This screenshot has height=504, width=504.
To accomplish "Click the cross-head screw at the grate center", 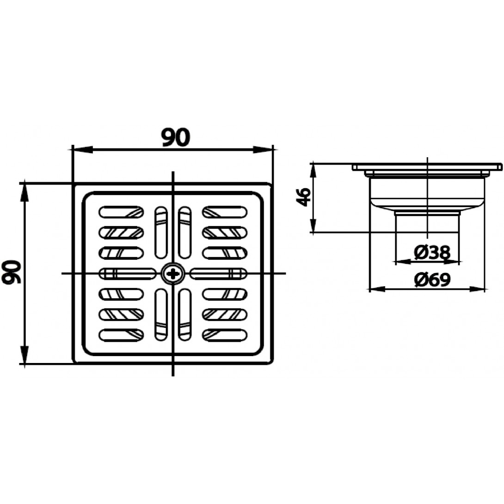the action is pyautogui.click(x=173, y=274).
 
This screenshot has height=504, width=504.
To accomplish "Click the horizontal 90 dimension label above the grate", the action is pyautogui.click(x=176, y=137).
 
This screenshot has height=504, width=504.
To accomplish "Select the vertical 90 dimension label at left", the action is pyautogui.click(x=12, y=271).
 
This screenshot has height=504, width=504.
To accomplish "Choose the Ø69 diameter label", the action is pyautogui.click(x=432, y=280).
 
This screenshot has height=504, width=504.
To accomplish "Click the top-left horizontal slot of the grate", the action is pyautogui.click(x=121, y=212).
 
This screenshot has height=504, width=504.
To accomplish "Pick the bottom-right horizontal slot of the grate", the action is pyautogui.click(x=225, y=335).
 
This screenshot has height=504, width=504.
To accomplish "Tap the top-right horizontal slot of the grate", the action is pyautogui.click(x=225, y=212).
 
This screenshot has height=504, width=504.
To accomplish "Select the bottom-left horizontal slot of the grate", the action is pyautogui.click(x=121, y=335).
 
